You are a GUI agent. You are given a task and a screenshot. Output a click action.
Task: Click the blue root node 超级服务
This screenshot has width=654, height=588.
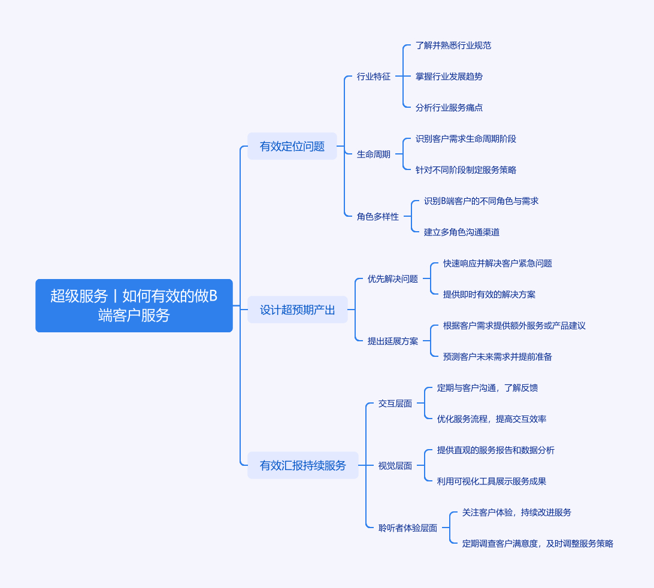(x=134, y=305)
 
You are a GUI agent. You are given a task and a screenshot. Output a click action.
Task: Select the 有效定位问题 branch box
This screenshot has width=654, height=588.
(x=292, y=146)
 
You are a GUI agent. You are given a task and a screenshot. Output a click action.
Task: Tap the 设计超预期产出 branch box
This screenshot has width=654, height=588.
(x=297, y=310)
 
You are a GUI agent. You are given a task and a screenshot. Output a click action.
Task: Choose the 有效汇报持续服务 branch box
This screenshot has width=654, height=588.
(x=302, y=465)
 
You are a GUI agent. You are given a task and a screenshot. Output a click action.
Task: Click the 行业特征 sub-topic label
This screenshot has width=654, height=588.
(x=373, y=77)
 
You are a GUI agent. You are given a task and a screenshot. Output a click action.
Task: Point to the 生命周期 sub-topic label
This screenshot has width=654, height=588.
(x=373, y=154)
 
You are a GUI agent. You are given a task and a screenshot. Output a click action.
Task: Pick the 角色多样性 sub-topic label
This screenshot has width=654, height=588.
(x=377, y=217)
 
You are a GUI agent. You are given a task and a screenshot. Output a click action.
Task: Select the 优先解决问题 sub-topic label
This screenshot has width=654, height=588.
(x=392, y=279)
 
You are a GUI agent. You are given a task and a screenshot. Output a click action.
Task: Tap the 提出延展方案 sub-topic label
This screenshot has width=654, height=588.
(x=392, y=341)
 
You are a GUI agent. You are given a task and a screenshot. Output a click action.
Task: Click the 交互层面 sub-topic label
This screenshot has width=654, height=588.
(x=395, y=404)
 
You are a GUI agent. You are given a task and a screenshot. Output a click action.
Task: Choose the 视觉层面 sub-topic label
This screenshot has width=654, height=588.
(x=395, y=466)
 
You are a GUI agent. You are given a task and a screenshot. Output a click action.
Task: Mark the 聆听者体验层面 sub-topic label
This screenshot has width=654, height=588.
(x=407, y=528)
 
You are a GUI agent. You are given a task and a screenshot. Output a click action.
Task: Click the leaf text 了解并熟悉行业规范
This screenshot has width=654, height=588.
(x=453, y=46)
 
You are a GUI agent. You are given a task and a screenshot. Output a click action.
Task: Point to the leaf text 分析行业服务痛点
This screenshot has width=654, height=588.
(x=449, y=108)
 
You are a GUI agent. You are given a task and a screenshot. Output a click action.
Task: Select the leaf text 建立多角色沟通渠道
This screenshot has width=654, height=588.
(x=461, y=232)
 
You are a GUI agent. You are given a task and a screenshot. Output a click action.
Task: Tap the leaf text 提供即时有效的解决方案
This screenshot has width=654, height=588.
(x=489, y=295)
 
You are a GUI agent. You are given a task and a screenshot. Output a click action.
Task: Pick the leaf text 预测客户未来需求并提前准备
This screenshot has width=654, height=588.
(x=497, y=357)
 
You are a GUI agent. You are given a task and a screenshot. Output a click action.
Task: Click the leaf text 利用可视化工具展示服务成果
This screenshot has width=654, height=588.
(x=491, y=481)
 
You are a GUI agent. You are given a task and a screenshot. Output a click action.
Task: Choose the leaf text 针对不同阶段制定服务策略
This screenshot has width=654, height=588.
(x=466, y=170)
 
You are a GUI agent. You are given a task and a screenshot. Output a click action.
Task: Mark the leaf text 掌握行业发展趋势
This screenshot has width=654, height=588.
(x=449, y=77)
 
